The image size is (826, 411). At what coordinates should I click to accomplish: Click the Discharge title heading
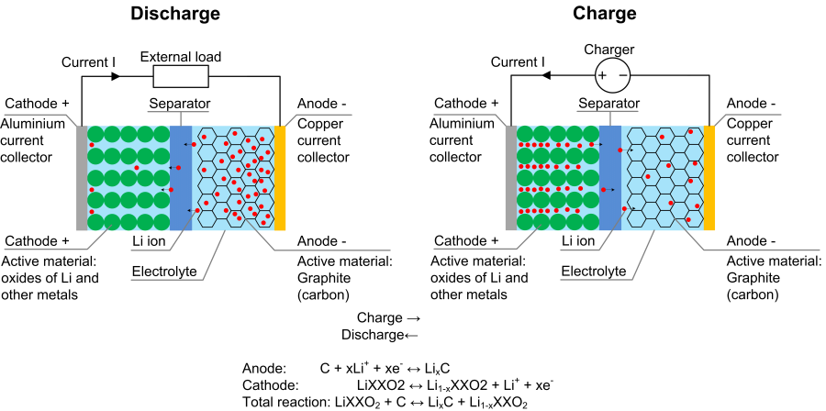[175, 14]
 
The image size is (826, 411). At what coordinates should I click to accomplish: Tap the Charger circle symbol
[612, 74]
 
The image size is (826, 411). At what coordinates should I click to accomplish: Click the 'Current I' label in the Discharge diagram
[88, 62]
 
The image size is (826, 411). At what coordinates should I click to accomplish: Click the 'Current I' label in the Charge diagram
[518, 62]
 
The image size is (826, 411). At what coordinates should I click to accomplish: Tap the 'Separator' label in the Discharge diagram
[179, 104]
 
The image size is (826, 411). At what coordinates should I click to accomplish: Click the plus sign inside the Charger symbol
[603, 74]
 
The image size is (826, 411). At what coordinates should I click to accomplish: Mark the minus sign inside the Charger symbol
[622, 74]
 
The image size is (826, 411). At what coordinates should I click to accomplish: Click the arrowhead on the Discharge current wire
[116, 76]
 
